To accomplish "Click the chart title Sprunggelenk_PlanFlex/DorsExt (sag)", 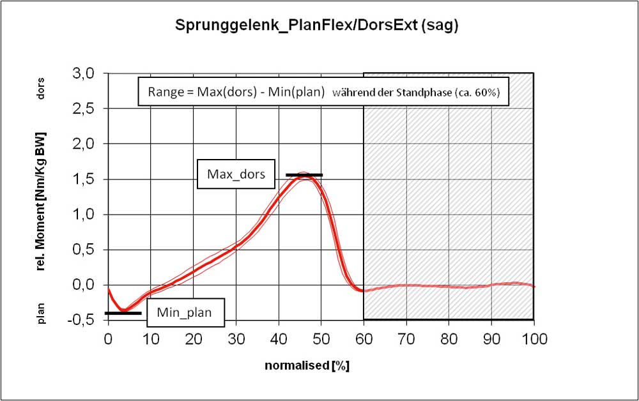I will (x=318, y=26).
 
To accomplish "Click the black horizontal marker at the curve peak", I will (x=304, y=174).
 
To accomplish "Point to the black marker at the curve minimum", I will (x=123, y=313).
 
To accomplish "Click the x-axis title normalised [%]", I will (x=307, y=366).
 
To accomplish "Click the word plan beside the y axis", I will (x=42, y=312).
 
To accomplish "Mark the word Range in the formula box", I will (x=165, y=91).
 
